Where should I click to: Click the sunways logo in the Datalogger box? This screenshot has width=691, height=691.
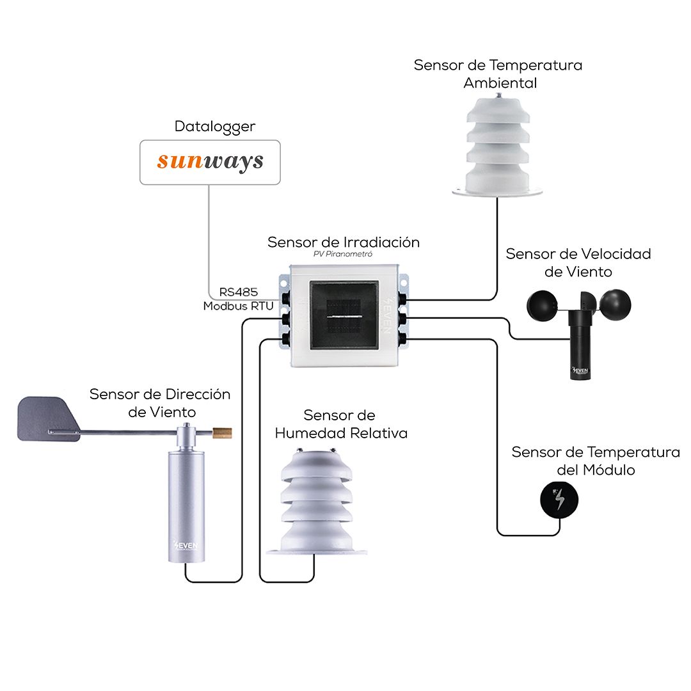[210, 161]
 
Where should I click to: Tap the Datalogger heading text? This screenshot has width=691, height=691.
[214, 127]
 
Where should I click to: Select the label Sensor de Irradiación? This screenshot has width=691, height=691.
[344, 242]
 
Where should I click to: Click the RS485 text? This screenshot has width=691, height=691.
[238, 292]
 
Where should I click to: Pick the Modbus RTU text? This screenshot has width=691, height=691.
[238, 306]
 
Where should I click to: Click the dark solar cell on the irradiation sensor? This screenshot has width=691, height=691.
[344, 316]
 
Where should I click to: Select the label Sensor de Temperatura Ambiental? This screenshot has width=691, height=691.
[498, 74]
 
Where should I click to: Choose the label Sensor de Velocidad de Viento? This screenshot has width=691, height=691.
[578, 262]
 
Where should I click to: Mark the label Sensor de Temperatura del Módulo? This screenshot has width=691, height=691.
[595, 461]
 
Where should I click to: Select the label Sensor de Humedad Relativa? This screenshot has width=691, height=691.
[340, 424]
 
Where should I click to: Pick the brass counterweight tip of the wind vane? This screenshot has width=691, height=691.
[223, 433]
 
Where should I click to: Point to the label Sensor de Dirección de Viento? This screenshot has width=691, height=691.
[160, 402]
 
